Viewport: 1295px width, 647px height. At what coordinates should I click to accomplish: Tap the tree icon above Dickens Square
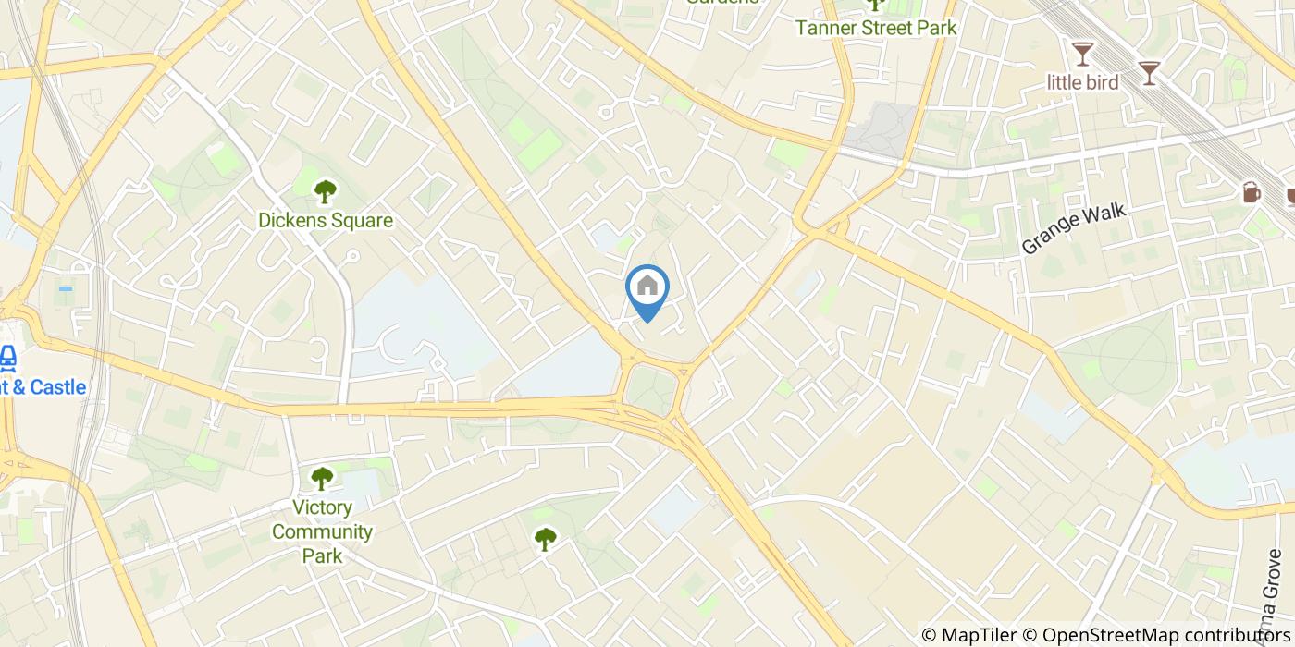[x=325, y=191]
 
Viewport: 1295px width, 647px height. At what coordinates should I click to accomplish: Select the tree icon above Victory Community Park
[x=321, y=479]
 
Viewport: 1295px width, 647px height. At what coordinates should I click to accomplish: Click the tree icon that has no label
[x=546, y=538]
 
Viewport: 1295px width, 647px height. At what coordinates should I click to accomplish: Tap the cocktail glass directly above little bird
[x=1082, y=53]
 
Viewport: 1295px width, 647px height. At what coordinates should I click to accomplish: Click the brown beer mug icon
[x=1252, y=191]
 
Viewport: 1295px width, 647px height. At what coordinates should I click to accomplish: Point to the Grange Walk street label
[x=1074, y=228]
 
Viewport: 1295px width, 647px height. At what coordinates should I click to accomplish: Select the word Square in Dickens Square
[x=363, y=221]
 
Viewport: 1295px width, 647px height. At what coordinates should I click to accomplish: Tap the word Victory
[x=322, y=507]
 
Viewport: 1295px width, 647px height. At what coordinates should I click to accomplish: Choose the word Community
[x=322, y=531]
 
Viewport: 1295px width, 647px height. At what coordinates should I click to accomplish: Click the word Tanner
[x=824, y=28]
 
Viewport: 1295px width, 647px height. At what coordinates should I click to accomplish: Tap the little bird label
[x=1082, y=82]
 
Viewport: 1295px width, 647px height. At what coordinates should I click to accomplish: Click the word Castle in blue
[x=57, y=387]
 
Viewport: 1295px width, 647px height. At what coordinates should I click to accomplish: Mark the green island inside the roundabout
[x=651, y=389]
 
